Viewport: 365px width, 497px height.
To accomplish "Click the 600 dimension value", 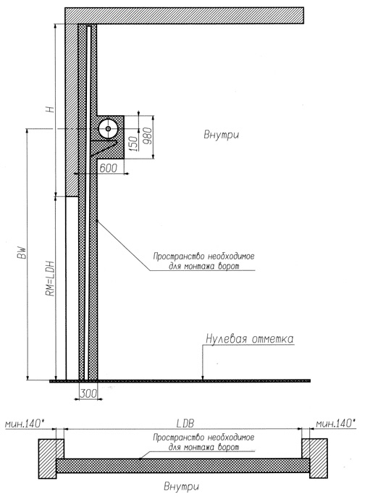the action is pyautogui.click(x=108, y=168).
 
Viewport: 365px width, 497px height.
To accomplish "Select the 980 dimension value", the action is pyautogui.click(x=148, y=135).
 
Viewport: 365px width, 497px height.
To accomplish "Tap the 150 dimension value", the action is pyautogui.click(x=135, y=143).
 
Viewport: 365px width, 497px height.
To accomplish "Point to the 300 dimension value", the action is pyautogui.click(x=88, y=393).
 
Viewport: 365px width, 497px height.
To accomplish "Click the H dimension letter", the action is pyautogui.click(x=50, y=109).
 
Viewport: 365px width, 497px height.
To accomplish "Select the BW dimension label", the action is pyautogui.click(x=22, y=253).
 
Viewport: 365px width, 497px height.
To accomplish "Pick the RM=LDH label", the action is pyautogui.click(x=51, y=279).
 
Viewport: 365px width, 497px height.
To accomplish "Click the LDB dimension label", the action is pyautogui.click(x=185, y=423).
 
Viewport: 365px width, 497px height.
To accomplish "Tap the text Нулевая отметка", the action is pyautogui.click(x=250, y=338).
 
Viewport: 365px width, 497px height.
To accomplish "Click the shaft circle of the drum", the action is pyautogui.click(x=108, y=129).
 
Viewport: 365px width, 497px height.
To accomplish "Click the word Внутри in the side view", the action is pyautogui.click(x=221, y=135).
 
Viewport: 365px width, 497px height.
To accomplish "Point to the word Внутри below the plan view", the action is pyautogui.click(x=182, y=486).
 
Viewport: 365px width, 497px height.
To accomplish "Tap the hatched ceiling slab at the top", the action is pyautogui.click(x=185, y=15).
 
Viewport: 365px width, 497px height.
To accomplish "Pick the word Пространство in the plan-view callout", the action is pyautogui.click(x=179, y=438).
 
